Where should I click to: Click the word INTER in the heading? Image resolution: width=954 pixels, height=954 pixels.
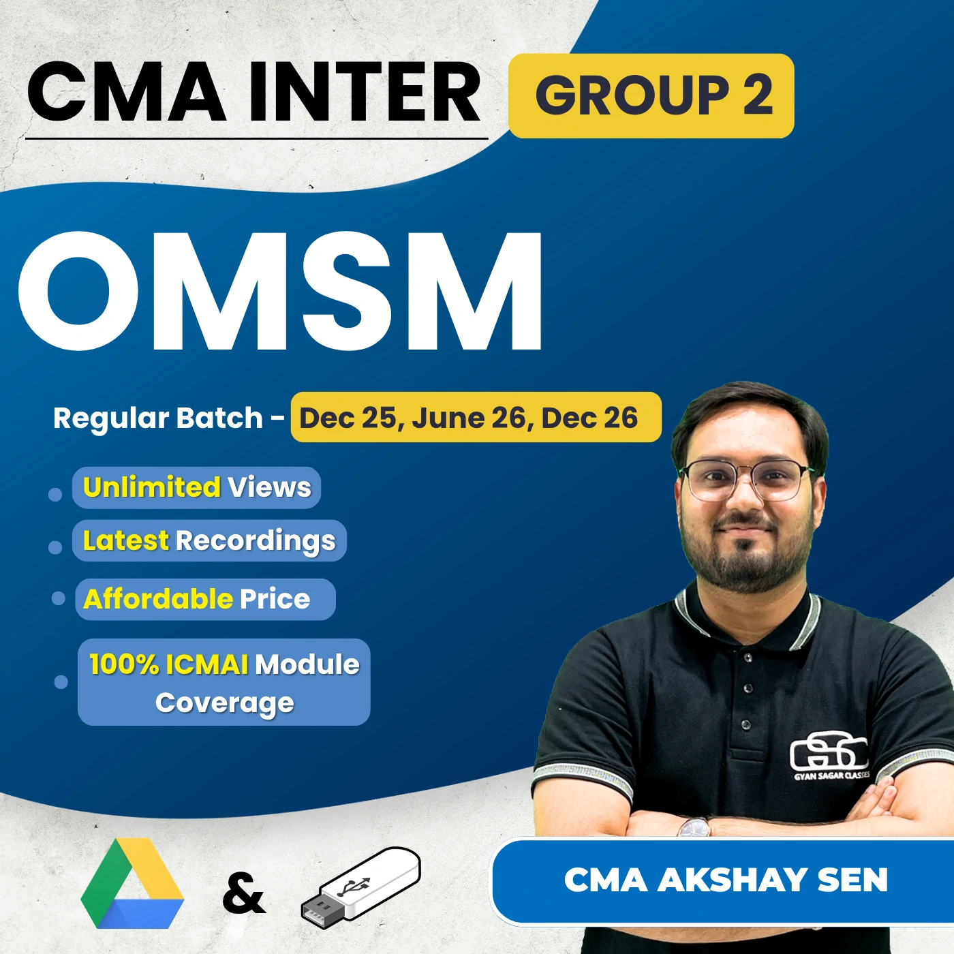(365, 92)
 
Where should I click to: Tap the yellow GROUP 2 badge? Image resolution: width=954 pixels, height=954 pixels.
(651, 95)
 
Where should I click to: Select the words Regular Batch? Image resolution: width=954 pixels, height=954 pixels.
(157, 418)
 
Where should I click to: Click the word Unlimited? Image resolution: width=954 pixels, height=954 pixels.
(151, 488)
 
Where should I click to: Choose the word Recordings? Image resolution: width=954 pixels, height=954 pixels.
(256, 541)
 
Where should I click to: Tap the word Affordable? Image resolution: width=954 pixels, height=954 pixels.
(158, 599)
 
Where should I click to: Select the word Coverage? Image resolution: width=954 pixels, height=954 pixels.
(225, 703)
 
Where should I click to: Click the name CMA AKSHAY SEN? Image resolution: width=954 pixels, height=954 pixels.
(726, 880)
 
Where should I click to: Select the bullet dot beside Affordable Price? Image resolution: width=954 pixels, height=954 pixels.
(59, 598)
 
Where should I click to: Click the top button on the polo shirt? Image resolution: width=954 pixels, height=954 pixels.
(748, 658)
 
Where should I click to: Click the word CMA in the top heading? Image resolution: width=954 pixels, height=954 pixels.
(127, 92)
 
